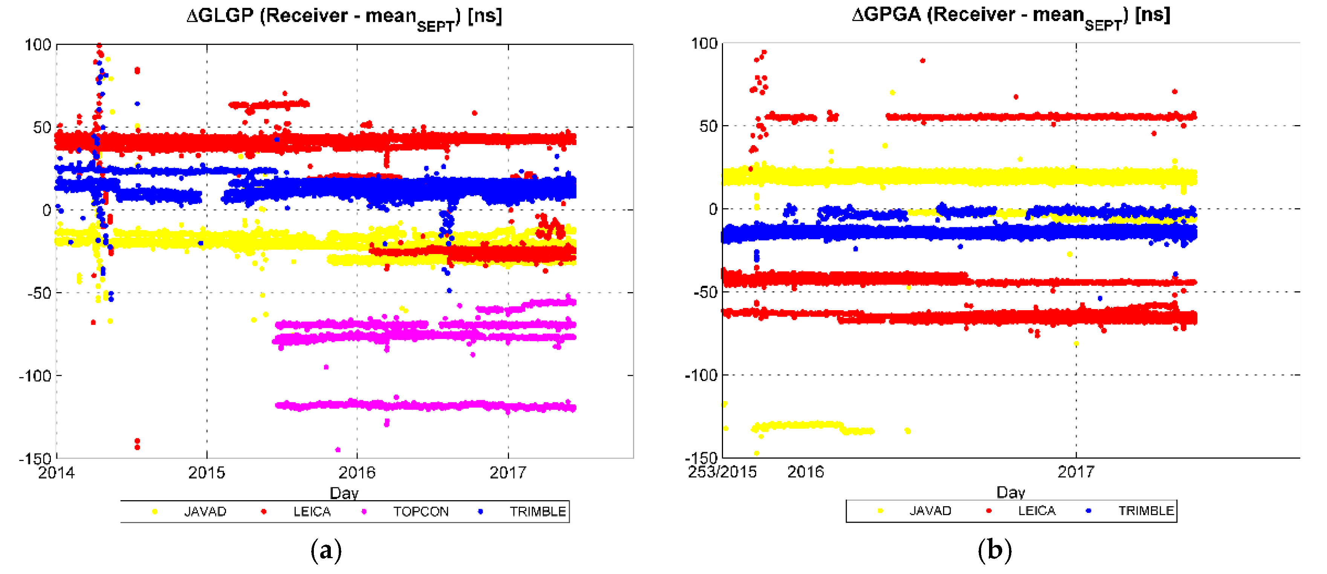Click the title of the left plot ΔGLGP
(344, 17)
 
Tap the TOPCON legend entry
(420, 512)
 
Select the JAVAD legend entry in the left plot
(205, 512)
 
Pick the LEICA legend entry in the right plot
(1036, 511)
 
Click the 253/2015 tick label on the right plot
(722, 471)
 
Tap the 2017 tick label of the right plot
(1076, 471)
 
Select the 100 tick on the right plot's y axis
(704, 43)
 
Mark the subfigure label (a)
(326, 550)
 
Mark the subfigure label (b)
(994, 550)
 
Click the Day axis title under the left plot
(344, 493)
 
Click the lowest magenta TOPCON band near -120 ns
(422, 406)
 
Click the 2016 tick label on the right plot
(805, 471)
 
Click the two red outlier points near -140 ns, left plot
(137, 444)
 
